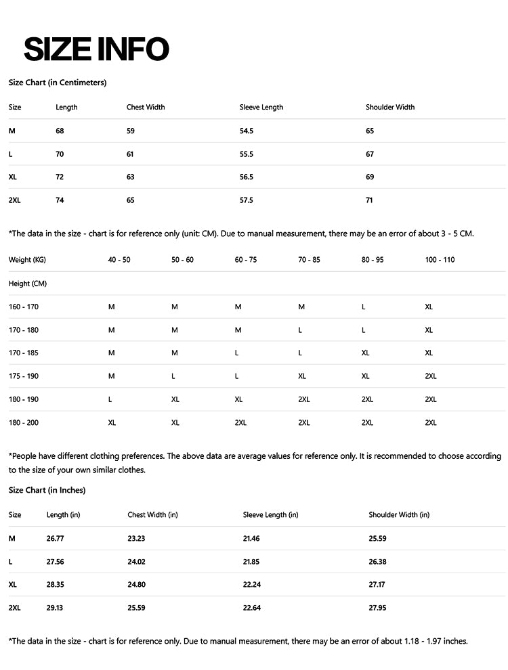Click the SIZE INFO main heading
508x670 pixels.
96,49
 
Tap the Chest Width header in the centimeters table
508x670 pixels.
146,107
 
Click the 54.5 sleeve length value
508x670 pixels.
247,131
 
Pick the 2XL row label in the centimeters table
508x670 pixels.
15,200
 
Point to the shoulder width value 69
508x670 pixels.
370,177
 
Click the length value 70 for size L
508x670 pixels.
60,154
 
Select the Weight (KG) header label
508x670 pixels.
27,260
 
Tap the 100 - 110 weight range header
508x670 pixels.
440,260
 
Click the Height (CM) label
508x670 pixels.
28,284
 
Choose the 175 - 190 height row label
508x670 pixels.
24,376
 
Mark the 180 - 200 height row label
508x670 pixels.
24,422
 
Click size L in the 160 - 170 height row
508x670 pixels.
364,307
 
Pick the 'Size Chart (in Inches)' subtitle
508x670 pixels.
47,490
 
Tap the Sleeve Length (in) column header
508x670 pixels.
270,514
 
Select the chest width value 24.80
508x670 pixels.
136,584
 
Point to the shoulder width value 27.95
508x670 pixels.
377,608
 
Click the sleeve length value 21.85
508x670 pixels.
251,561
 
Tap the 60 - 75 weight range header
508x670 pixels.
246,260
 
